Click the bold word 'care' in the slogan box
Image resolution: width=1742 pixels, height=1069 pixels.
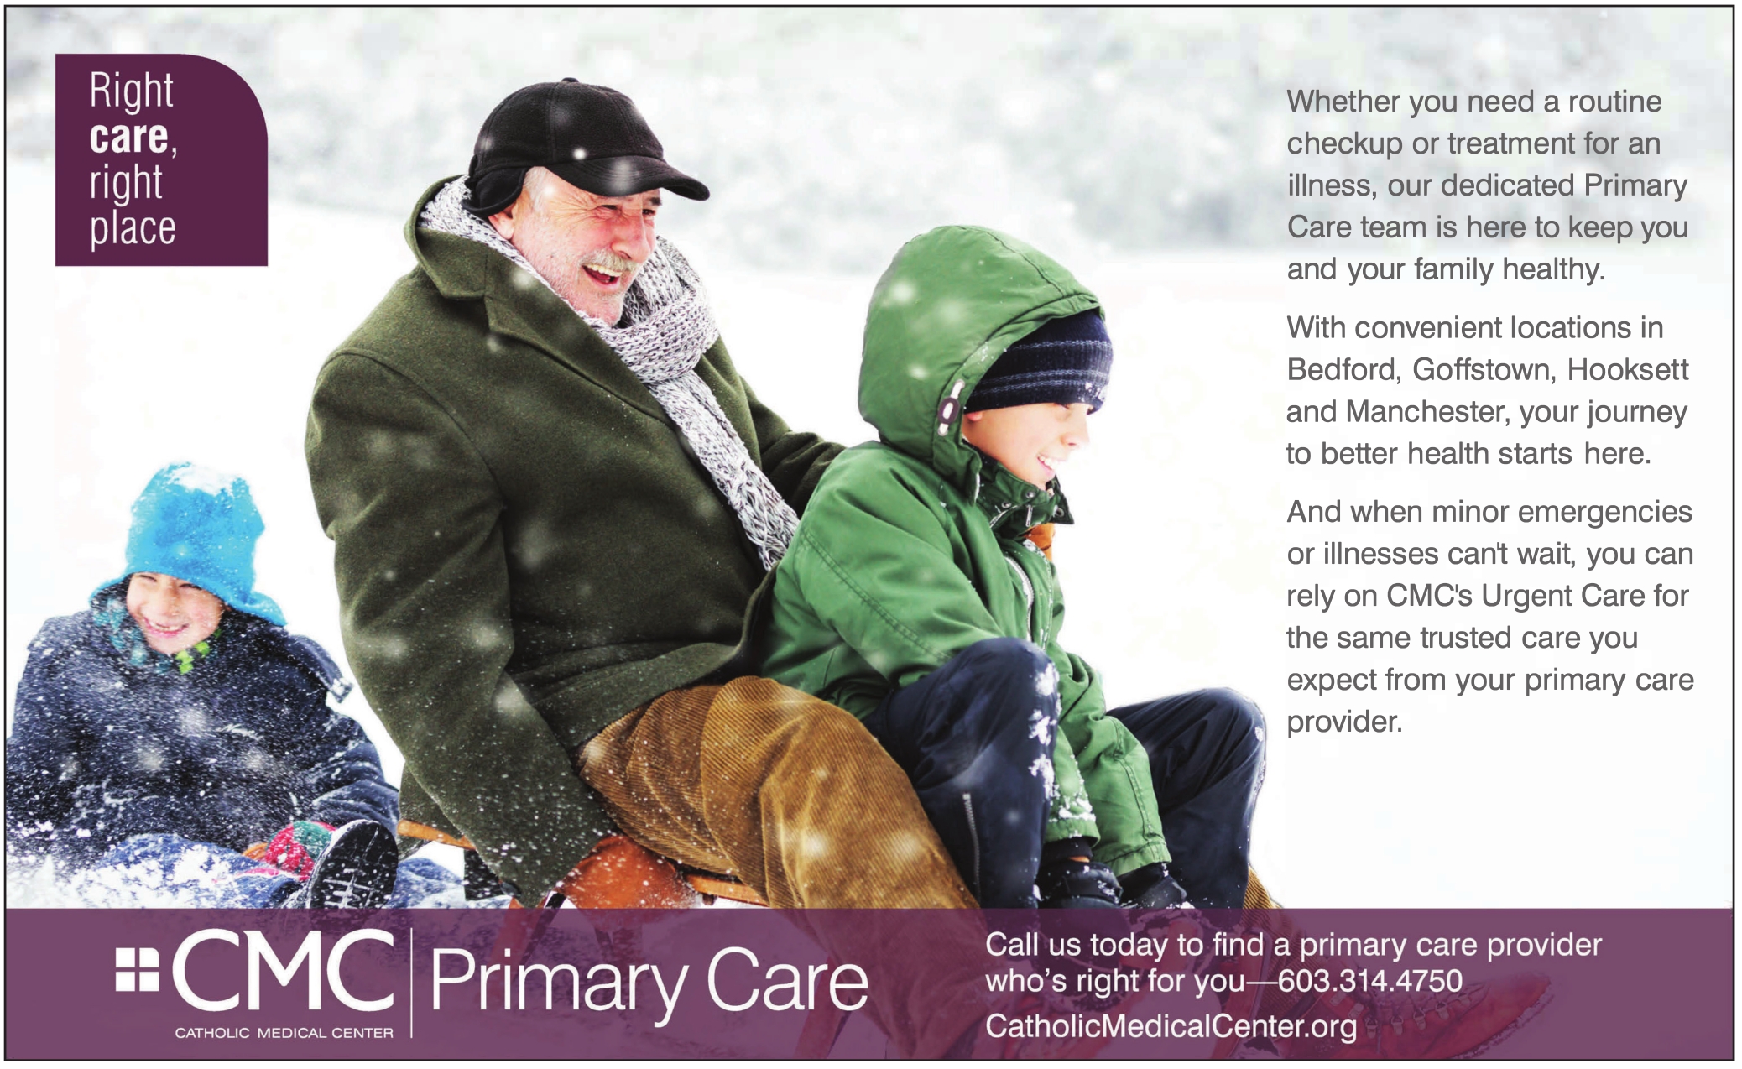[128, 138]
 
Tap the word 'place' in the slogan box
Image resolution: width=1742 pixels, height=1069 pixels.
[133, 227]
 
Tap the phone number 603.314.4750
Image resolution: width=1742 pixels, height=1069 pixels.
[1370, 981]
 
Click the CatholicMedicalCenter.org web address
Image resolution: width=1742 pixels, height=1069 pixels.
[1171, 1025]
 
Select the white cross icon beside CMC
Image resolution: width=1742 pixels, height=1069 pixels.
[137, 969]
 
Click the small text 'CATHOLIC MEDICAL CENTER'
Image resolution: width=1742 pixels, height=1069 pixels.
[284, 1033]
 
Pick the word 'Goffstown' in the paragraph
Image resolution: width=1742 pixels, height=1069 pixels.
[1483, 370]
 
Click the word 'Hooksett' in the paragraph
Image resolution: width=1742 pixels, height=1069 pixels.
[1628, 370]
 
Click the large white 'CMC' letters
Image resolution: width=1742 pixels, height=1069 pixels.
[283, 970]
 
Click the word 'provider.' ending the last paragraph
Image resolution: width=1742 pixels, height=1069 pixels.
[1344, 722]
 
